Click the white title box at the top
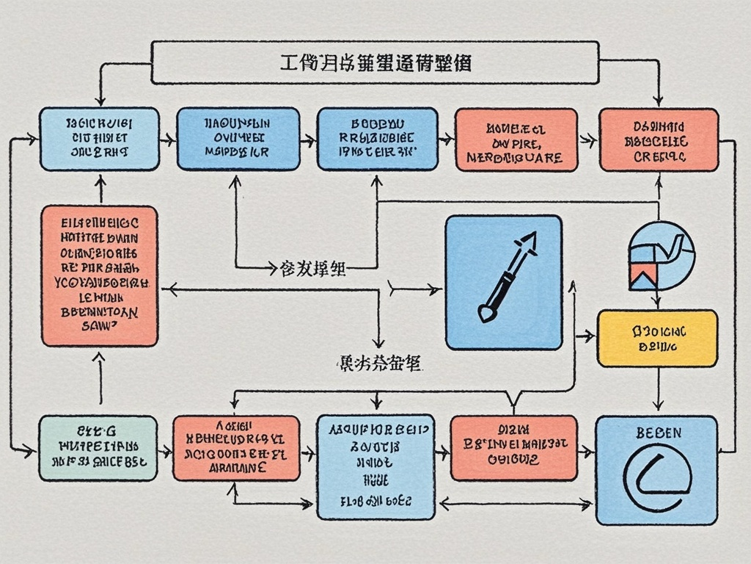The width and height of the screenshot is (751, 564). click(x=375, y=62)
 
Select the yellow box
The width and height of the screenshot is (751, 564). click(x=657, y=338)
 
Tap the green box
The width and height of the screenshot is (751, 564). click(x=98, y=448)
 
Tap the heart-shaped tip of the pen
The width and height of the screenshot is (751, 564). click(x=486, y=314)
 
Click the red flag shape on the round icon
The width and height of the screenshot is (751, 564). click(x=640, y=275)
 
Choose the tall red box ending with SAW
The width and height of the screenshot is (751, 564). click(x=99, y=275)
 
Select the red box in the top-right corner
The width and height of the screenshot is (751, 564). click(x=659, y=140)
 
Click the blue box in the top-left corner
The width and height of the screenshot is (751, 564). click(x=99, y=140)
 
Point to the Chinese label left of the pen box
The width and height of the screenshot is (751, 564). click(x=313, y=269)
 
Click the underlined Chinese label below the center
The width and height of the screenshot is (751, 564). click(x=376, y=362)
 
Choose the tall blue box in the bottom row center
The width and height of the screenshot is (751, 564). click(x=375, y=466)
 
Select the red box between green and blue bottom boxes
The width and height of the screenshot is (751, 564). click(x=235, y=448)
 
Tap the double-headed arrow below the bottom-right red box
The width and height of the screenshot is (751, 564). click(x=516, y=503)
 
